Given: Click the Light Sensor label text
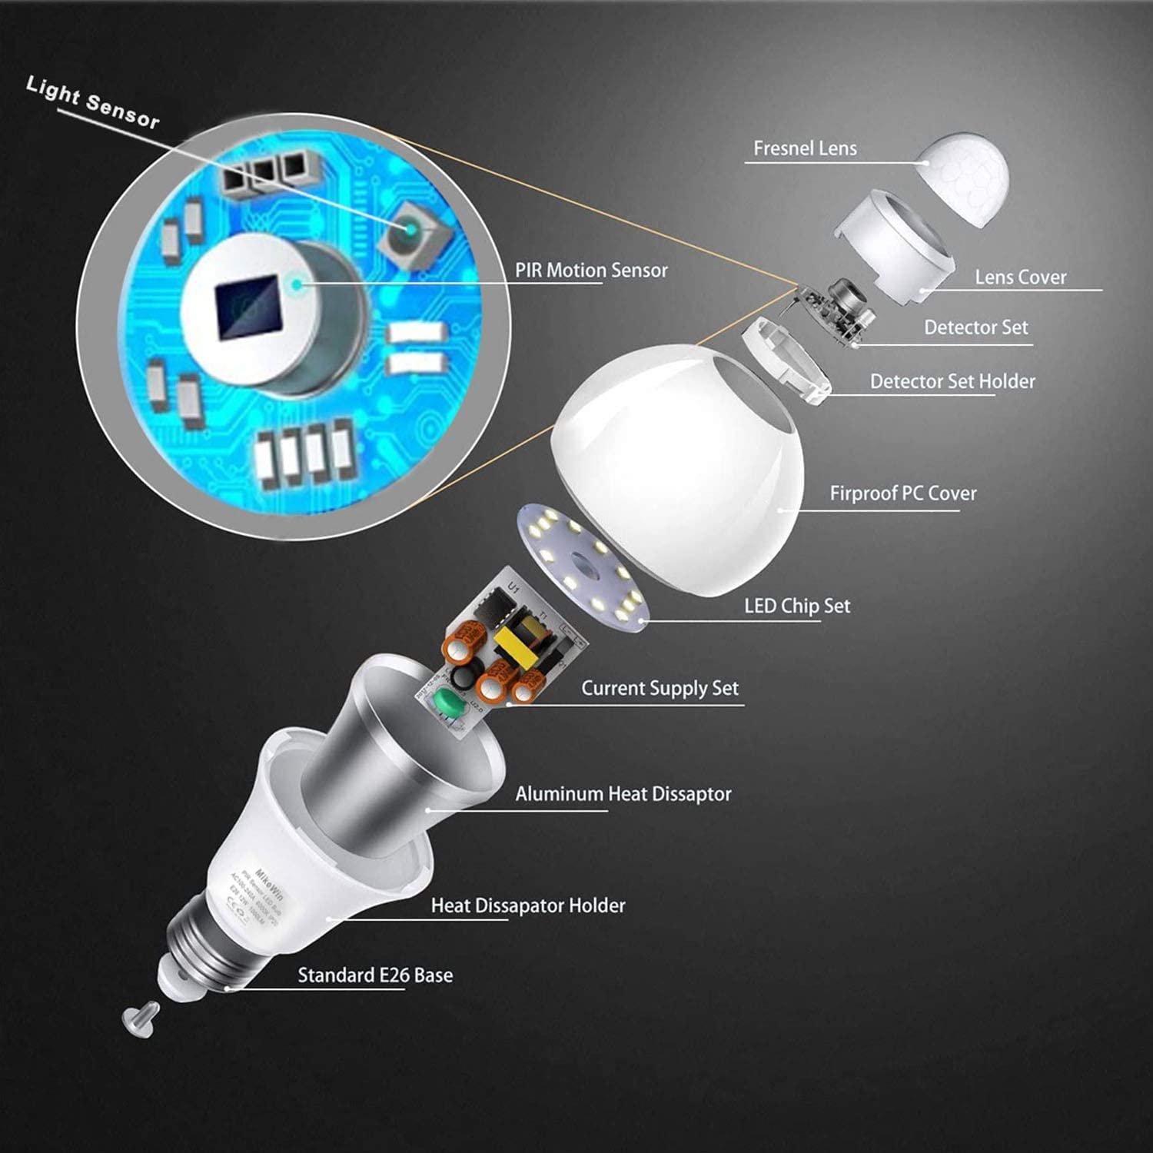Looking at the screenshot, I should pyautogui.click(x=93, y=101).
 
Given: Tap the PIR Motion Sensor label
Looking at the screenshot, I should pyautogui.click(x=590, y=271).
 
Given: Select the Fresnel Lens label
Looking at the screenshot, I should pyautogui.click(x=804, y=148).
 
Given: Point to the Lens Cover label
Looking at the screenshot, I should pyautogui.click(x=1020, y=277).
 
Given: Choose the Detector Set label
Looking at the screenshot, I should pyautogui.click(x=975, y=327).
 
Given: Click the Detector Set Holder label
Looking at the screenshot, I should pyautogui.click(x=952, y=381).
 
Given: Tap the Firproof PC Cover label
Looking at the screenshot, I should pyautogui.click(x=902, y=493).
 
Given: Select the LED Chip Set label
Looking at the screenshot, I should pyautogui.click(x=796, y=606).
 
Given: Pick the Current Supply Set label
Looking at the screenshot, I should pyautogui.click(x=659, y=688).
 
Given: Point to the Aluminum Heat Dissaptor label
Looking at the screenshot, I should pyautogui.click(x=623, y=794).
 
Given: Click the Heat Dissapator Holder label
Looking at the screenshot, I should pyautogui.click(x=527, y=905).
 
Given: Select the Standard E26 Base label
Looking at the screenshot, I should pyautogui.click(x=374, y=975).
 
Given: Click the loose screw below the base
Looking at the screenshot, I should pyautogui.click(x=141, y=1019).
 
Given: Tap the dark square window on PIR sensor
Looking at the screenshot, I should pyautogui.click(x=246, y=307).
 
